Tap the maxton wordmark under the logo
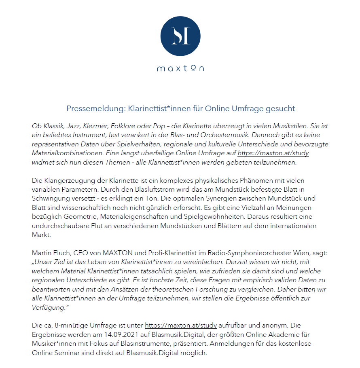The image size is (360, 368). pos(180,68)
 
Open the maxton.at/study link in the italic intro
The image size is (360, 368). pos(273,153)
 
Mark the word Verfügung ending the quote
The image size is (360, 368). pos(48,307)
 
